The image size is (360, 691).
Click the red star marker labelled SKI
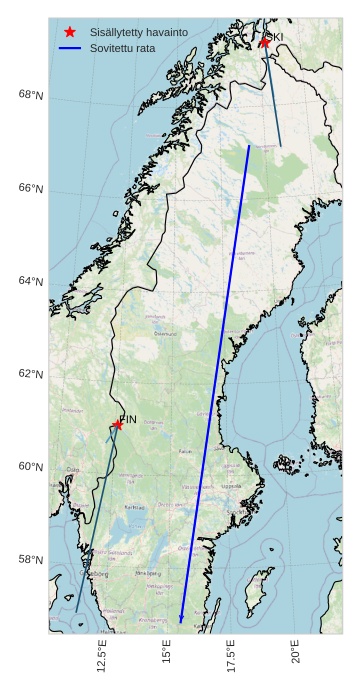click(264, 42)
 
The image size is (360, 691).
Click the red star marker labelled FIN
click(118, 424)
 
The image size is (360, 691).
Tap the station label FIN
click(128, 419)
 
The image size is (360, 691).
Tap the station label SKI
click(274, 36)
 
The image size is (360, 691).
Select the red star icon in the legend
click(69, 33)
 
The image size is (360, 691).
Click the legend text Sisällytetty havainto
click(138, 33)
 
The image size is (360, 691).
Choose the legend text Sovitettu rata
click(122, 48)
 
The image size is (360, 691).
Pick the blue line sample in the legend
click(69, 48)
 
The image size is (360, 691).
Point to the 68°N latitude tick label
click(31, 95)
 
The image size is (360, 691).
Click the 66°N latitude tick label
click(31, 188)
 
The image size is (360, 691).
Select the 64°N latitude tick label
click(31, 281)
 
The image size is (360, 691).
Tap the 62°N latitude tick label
click(31, 374)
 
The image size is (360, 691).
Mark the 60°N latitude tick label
click(31, 467)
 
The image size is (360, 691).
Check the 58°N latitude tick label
click(31, 559)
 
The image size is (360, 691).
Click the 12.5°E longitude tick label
click(102, 659)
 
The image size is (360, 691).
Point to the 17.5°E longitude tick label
click(231, 659)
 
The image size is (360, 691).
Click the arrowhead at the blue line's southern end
click(181, 620)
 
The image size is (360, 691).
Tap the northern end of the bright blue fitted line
click(249, 146)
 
